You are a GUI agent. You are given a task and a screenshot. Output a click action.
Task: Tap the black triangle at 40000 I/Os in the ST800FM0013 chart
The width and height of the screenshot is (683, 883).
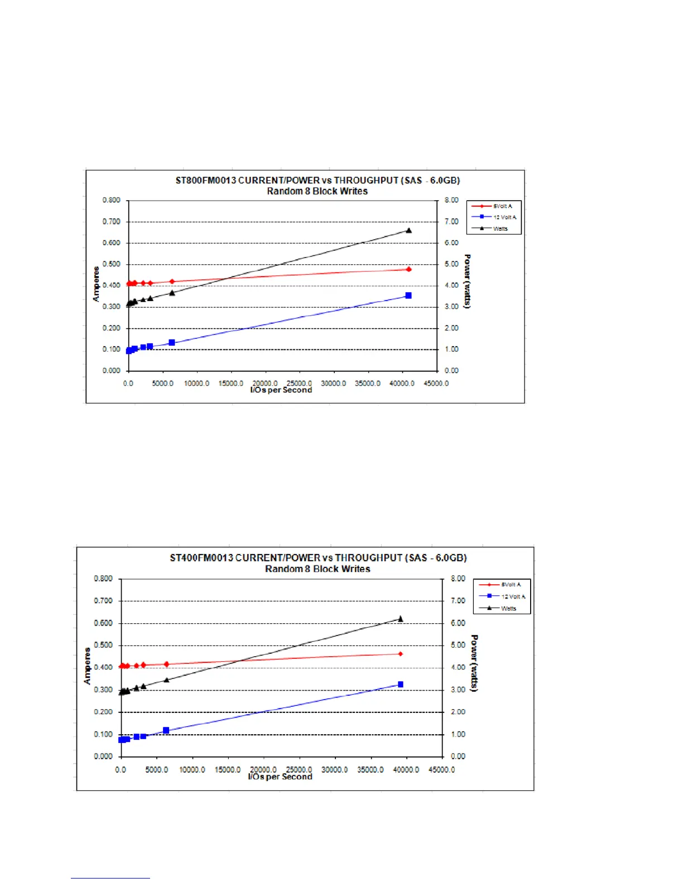tap(408, 230)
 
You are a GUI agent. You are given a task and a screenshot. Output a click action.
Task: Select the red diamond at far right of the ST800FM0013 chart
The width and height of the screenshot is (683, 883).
tap(408, 269)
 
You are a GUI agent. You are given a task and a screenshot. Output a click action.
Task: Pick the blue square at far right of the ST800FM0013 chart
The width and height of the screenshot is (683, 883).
tap(408, 295)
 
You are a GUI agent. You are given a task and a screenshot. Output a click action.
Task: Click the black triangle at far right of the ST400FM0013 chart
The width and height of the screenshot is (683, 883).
tap(400, 619)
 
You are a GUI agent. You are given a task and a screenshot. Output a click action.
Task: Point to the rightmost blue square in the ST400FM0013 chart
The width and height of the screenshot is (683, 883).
tap(400, 685)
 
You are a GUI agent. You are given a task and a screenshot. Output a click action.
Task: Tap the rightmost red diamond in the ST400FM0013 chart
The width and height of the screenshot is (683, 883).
tap(400, 654)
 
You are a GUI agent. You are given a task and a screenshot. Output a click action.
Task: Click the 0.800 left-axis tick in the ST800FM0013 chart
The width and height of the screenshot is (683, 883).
tap(112, 200)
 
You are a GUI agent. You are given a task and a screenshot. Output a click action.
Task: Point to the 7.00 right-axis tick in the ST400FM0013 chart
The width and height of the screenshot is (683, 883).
tap(458, 601)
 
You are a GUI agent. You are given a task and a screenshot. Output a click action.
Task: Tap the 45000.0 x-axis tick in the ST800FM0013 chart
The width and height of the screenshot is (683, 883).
tap(436, 384)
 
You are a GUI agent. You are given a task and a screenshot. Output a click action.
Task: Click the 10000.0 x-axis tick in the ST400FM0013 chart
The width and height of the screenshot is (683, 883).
tap(192, 770)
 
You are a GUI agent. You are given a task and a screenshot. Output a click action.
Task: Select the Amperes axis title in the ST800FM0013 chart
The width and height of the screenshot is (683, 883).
tap(96, 284)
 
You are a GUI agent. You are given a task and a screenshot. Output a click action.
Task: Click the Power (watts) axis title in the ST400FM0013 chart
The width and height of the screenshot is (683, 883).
tap(474, 663)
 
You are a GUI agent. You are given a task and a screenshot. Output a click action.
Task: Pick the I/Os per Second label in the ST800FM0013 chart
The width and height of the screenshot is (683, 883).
tap(281, 390)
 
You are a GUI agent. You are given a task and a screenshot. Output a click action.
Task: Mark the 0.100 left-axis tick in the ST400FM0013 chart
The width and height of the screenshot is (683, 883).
tap(103, 735)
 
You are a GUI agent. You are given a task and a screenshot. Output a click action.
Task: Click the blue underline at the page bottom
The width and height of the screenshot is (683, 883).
tap(110, 878)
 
